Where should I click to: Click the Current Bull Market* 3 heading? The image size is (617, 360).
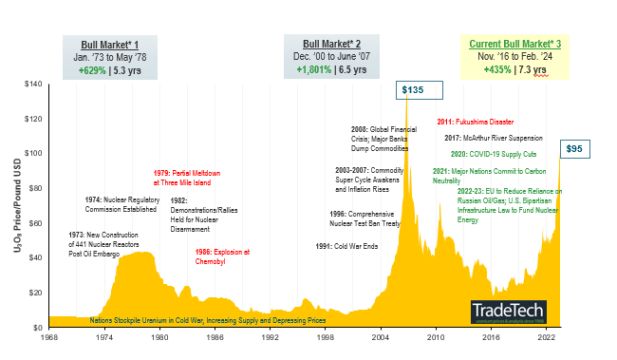(x=515, y=45)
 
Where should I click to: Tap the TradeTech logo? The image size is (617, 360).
(x=502, y=311)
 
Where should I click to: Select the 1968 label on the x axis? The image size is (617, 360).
(x=48, y=336)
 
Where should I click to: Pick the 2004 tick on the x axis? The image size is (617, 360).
(x=381, y=336)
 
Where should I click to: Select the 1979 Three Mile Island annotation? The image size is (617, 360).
(x=187, y=178)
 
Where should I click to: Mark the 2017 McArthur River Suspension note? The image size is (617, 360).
(x=497, y=137)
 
